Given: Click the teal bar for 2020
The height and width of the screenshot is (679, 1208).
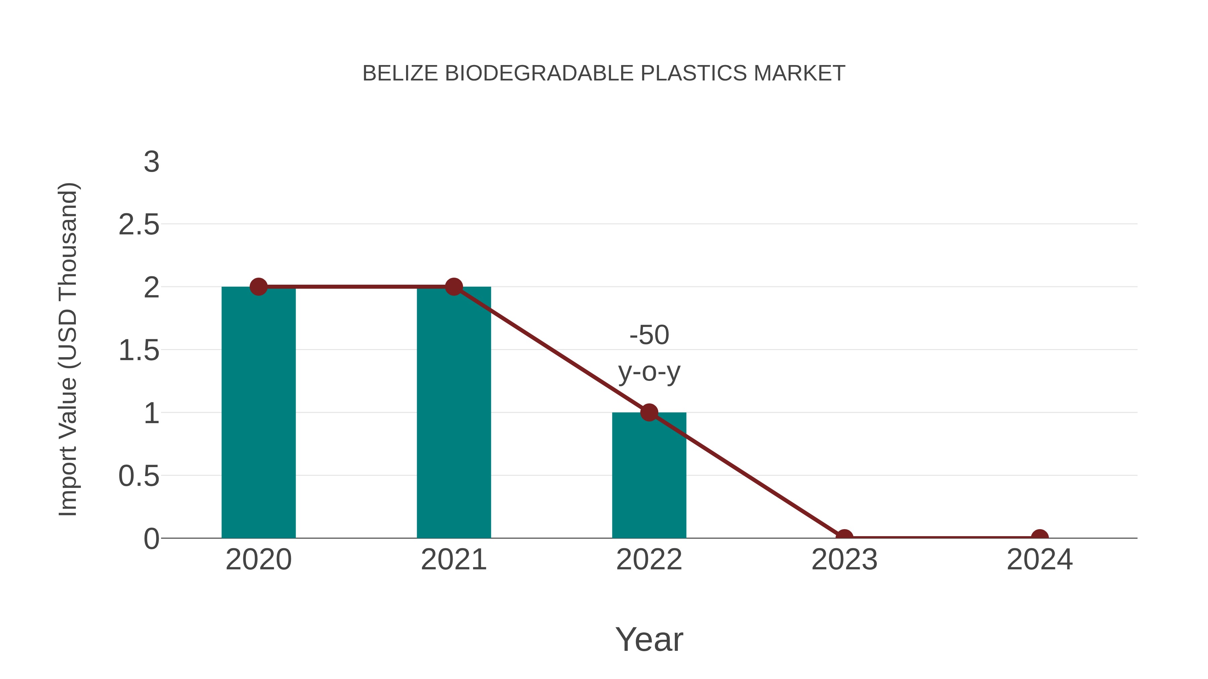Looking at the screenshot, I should pos(258,412).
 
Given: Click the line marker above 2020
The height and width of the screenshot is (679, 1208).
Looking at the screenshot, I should pos(258,286).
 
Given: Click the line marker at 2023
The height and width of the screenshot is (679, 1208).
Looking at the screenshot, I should pos(844,537).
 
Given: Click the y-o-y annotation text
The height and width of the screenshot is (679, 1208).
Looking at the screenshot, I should pos(650,372).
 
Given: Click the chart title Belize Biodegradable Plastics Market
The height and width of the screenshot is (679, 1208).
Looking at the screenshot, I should pos(604,73).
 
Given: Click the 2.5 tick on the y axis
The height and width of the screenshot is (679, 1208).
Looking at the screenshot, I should pos(139,225).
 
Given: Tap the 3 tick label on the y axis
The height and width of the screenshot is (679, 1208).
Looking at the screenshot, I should pos(151,162).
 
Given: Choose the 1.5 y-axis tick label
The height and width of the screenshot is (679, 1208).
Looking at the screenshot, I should pos(139,350).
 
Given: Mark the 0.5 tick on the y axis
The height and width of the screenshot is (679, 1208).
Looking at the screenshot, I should pos(139,476).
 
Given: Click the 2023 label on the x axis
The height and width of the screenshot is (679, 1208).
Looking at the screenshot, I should pos(844,560).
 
